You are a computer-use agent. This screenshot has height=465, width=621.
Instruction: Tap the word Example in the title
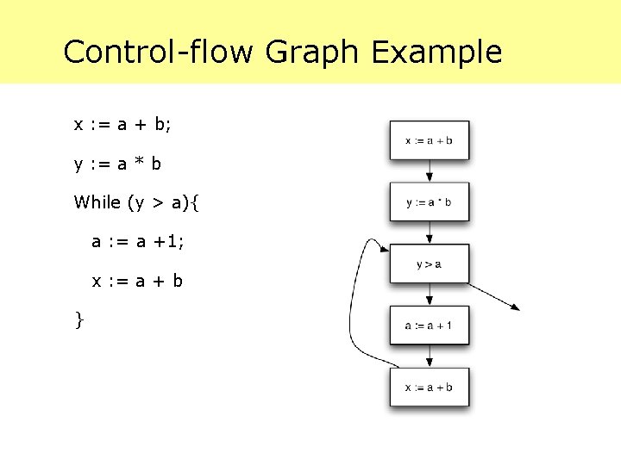pos(436,53)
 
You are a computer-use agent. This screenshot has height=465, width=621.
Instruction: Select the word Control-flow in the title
pos(158,53)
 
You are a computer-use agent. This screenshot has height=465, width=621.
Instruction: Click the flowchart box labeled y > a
pos(429,263)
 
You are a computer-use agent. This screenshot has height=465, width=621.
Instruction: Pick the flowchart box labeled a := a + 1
pos(429,325)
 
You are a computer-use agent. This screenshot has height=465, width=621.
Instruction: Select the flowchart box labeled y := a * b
pos(429,202)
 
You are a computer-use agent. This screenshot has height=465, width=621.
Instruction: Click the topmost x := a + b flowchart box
pos(429,140)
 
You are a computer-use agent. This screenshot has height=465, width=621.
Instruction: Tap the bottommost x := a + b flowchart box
pos(429,387)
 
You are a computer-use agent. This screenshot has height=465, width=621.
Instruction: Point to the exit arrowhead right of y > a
pos(515,307)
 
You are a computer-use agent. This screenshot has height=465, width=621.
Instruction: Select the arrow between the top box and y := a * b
pos(429,170)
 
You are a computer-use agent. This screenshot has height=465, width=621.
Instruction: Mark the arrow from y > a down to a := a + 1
pos(429,294)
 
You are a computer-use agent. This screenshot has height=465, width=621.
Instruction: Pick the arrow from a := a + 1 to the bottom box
pos(429,356)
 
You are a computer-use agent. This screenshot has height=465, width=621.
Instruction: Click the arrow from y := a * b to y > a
pos(429,232)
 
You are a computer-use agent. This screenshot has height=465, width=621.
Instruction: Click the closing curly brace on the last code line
pos(79,320)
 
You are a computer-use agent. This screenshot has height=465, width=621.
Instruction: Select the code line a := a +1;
pos(138,242)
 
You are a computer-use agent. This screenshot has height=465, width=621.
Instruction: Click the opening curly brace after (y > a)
pos(194,203)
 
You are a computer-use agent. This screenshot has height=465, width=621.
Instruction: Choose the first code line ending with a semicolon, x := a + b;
pos(122,125)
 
